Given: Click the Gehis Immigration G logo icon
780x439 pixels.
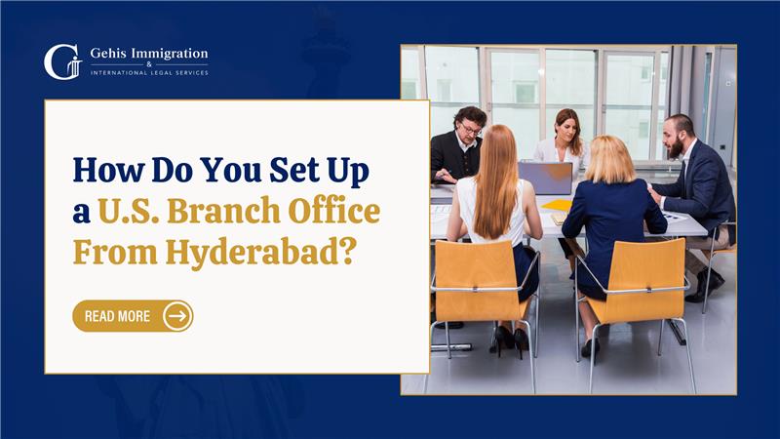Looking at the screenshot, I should pyautogui.click(x=61, y=61).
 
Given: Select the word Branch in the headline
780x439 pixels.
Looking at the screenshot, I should pyautogui.click(x=233, y=211).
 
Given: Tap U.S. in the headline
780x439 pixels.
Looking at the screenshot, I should pyautogui.click(x=135, y=211).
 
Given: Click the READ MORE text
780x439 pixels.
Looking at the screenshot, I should pyautogui.click(x=117, y=316).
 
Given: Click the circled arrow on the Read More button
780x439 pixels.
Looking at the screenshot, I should pyautogui.click(x=176, y=316).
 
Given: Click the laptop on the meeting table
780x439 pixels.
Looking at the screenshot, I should pyautogui.click(x=545, y=178).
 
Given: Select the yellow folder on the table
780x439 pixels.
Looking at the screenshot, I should pyautogui.click(x=558, y=205).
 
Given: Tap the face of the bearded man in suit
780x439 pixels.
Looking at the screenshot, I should pyautogui.click(x=678, y=137).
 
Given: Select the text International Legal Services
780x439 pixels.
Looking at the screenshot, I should pyautogui.click(x=148, y=72).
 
